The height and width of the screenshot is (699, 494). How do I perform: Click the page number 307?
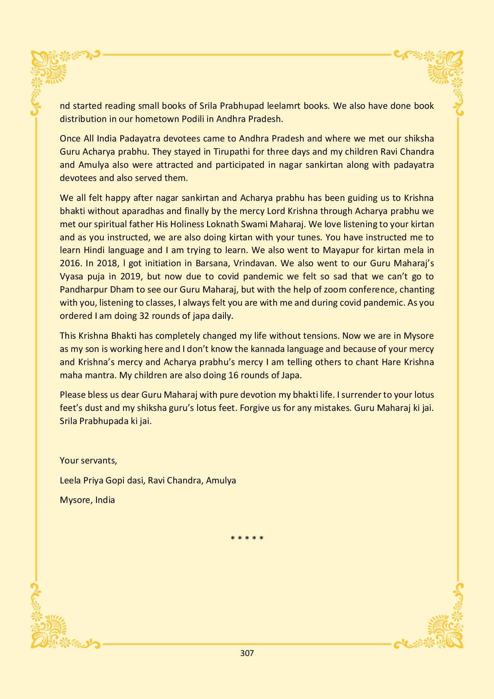coord(247,653)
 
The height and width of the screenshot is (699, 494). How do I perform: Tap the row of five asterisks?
coord(247,538)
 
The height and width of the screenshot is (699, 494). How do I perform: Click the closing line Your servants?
coord(88,460)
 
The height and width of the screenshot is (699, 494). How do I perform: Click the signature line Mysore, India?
coord(87,500)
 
